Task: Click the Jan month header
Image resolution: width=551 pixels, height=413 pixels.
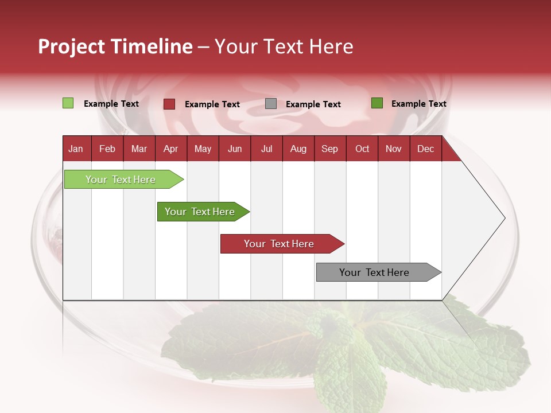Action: [x=76, y=149]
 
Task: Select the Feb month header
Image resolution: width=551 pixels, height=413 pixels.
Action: [x=107, y=149]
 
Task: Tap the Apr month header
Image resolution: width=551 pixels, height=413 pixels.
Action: [x=170, y=149]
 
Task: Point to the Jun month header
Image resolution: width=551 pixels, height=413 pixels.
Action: [x=235, y=149]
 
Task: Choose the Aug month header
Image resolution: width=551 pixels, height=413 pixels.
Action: [x=298, y=149]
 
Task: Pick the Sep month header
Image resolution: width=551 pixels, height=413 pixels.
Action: [x=329, y=149]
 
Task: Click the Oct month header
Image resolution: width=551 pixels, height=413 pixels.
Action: [x=362, y=149]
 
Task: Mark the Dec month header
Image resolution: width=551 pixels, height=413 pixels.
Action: [x=425, y=149]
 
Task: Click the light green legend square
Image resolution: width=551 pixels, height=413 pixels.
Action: [x=68, y=103]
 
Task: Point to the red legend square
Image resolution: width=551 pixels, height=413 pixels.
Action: [x=169, y=104]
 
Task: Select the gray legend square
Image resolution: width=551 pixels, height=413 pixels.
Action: [x=271, y=104]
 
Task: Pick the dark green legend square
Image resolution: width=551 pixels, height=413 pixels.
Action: [x=377, y=103]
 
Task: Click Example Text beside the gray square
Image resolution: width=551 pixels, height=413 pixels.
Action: [x=313, y=104]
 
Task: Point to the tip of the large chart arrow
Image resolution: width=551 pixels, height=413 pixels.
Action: [x=504, y=218]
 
